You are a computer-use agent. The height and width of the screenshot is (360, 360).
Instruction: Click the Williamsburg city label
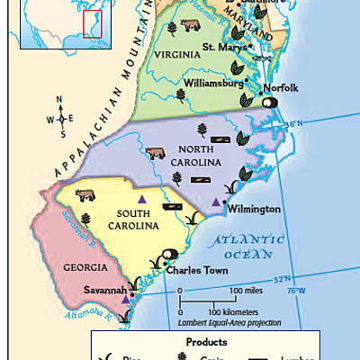213,83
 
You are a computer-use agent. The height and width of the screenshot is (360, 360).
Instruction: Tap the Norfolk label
280,87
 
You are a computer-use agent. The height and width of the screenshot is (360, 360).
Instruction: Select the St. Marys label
220,47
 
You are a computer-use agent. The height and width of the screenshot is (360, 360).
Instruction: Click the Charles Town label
194,268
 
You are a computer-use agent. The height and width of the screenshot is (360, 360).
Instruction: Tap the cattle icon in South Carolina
86,194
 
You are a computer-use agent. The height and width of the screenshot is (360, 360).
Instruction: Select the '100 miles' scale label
247,291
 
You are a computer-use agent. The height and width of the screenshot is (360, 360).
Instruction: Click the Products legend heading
206,342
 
